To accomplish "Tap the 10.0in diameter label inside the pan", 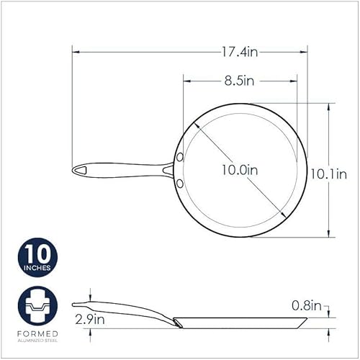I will (241, 170).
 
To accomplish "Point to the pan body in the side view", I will (245, 319).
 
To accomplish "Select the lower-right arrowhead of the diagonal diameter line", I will (283, 215).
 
